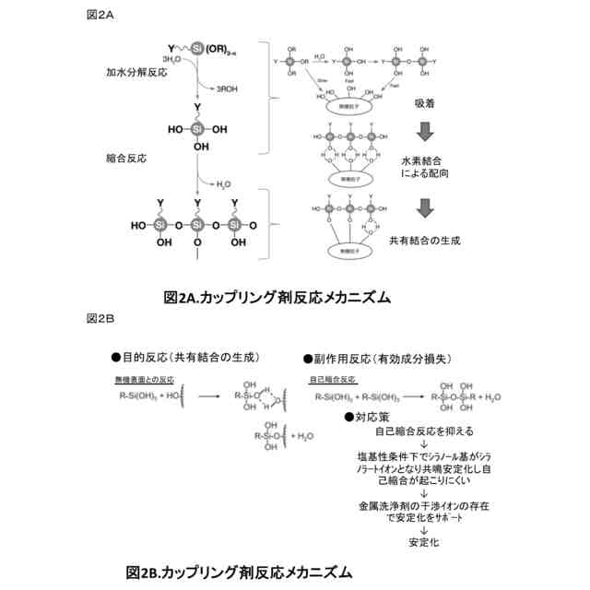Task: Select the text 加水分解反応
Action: coord(134,70)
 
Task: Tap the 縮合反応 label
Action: coord(125,159)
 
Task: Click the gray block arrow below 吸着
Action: coord(424,132)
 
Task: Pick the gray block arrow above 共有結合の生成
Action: coord(424,209)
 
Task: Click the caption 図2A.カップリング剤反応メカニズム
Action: coord(277,297)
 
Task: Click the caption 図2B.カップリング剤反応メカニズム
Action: coord(239,572)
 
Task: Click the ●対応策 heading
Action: coord(368,417)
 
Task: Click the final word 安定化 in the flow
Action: coord(424,543)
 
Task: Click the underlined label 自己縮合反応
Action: coord(333,379)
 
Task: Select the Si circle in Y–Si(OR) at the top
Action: coord(195,48)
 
